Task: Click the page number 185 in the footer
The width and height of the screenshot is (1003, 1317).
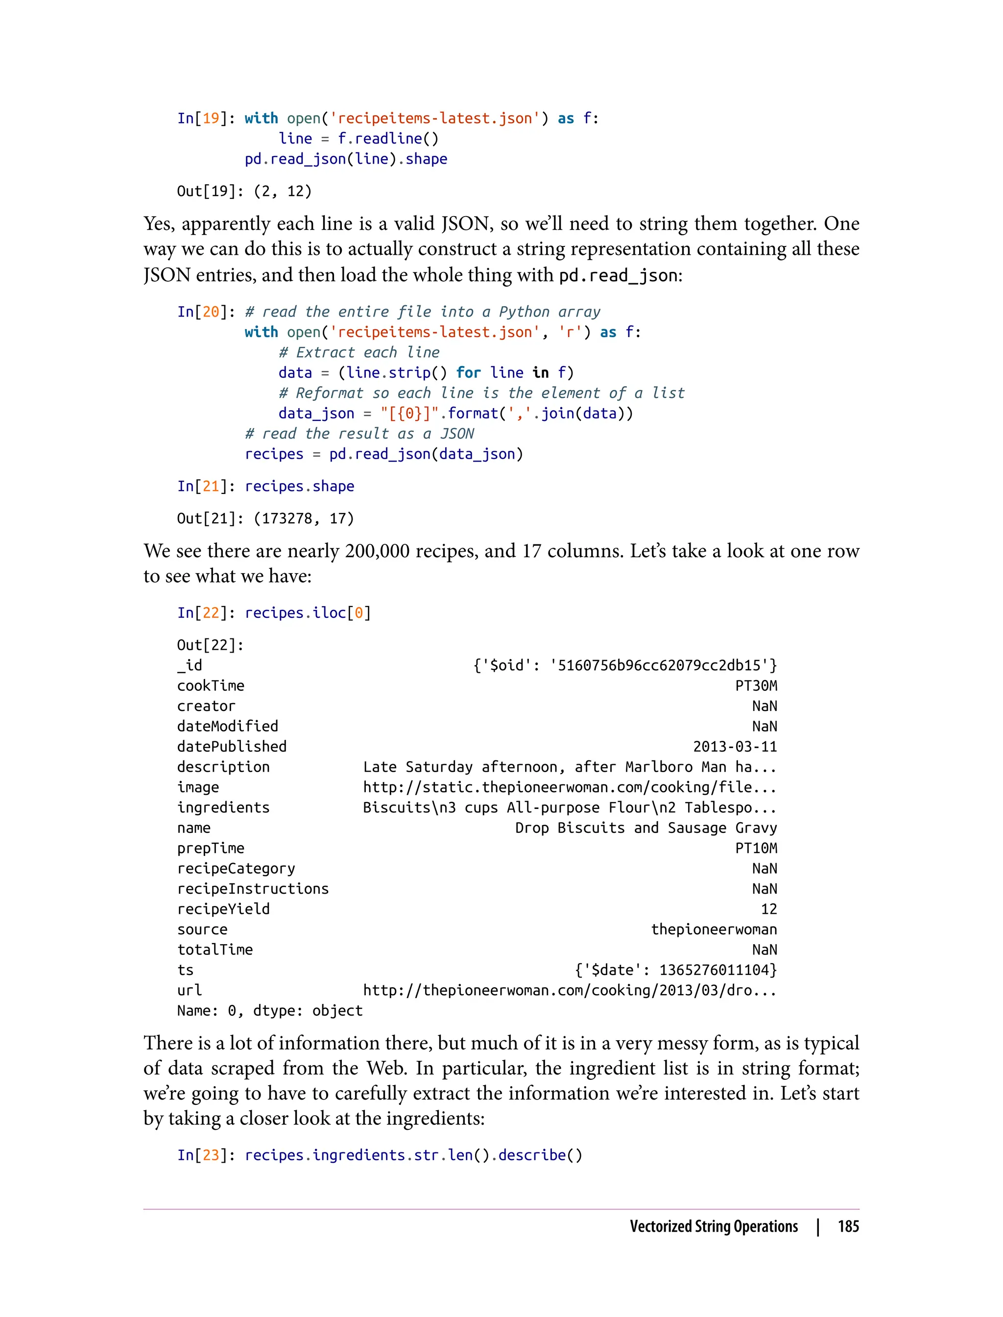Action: click(x=848, y=1226)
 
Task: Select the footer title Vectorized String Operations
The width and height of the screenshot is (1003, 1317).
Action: click(x=714, y=1226)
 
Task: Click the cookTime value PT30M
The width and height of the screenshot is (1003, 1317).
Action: click(x=756, y=685)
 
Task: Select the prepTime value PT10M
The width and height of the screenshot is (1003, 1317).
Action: click(x=756, y=848)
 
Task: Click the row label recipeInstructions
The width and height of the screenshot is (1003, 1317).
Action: click(x=253, y=889)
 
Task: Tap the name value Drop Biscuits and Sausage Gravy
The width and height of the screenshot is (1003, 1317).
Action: click(x=646, y=828)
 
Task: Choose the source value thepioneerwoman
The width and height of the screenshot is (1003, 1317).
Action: click(x=714, y=929)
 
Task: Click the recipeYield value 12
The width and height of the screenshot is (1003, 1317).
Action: click(x=768, y=909)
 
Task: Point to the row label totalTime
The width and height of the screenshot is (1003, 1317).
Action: click(x=215, y=950)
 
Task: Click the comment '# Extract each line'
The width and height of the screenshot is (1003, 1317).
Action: click(x=359, y=352)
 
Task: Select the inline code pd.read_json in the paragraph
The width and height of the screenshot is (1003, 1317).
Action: click(x=618, y=275)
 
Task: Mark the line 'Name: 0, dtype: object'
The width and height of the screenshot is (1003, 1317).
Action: click(x=270, y=1011)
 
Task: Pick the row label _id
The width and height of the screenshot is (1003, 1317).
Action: click(x=190, y=665)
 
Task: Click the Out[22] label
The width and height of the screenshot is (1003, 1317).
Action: click(x=210, y=645)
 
